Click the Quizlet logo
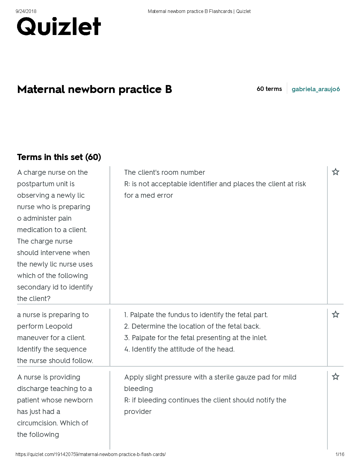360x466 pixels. point(59,26)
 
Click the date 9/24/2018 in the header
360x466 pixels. point(26,11)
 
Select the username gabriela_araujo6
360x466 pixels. point(316,89)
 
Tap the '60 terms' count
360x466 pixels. point(269,89)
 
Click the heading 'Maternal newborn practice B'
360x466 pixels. point(94,89)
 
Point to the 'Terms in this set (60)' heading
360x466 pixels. point(59,157)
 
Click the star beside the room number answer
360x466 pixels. point(335,172)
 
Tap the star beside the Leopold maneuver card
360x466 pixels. point(335,314)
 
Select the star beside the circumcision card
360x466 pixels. point(335,377)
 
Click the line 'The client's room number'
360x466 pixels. point(164,172)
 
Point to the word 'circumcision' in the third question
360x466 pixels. point(37,423)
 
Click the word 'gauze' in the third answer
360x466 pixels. point(254,377)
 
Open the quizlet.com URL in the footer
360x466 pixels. point(91,455)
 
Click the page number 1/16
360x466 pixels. point(340,455)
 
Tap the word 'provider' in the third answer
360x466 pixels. point(138,412)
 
